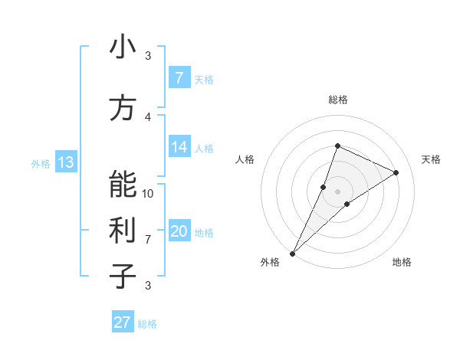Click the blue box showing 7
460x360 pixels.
point(179,78)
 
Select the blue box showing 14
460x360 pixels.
point(179,148)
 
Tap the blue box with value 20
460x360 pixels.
point(179,232)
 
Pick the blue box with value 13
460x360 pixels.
point(66,162)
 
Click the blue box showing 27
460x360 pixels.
point(123,322)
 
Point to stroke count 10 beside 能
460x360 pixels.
point(148,193)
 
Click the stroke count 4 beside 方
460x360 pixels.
point(148,116)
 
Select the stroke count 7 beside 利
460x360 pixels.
point(148,239)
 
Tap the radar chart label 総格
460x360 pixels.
point(337,100)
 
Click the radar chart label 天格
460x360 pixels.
point(431,159)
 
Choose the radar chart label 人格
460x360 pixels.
point(245,159)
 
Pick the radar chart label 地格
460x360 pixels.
point(402,262)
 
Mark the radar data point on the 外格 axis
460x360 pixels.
point(292,253)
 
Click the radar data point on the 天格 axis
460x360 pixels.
point(396,172)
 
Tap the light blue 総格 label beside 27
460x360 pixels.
point(147,324)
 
